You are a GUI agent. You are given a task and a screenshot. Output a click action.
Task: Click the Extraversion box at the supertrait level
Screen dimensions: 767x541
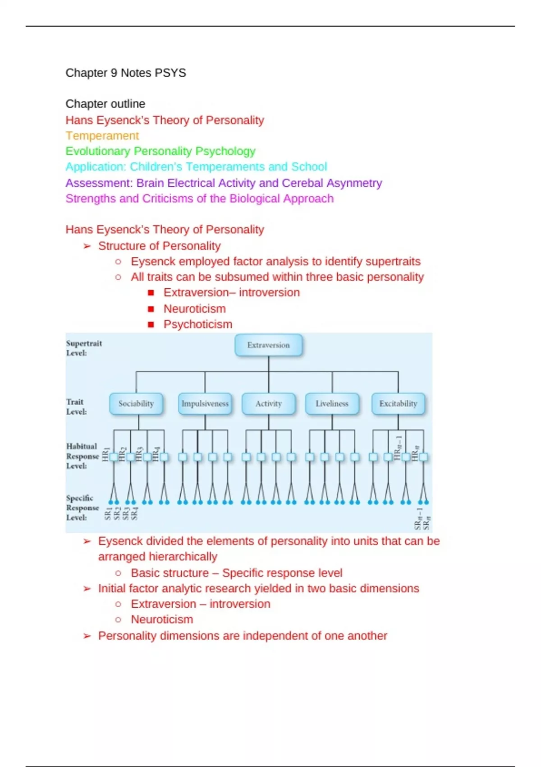pyautogui.click(x=268, y=345)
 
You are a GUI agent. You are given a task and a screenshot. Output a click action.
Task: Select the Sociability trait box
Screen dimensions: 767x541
pyautogui.click(x=136, y=403)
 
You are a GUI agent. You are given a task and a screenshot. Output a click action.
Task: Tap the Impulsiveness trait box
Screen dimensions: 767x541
pyautogui.click(x=205, y=403)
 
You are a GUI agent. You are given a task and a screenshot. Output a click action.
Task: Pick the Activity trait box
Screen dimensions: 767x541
pyautogui.click(x=268, y=403)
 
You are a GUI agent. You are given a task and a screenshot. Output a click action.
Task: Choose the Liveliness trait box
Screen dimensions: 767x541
pyautogui.click(x=332, y=403)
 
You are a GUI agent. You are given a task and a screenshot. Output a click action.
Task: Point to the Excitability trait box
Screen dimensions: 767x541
pyautogui.click(x=398, y=403)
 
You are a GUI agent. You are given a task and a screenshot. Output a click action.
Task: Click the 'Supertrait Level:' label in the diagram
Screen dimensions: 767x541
pyautogui.click(x=84, y=348)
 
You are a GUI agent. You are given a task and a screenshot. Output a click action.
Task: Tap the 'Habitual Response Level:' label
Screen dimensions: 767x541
pyautogui.click(x=82, y=456)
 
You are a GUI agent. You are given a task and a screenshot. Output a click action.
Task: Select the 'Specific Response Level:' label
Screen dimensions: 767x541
pyautogui.click(x=82, y=508)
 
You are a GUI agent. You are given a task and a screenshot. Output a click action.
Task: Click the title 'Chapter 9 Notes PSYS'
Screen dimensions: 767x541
pyautogui.click(x=126, y=73)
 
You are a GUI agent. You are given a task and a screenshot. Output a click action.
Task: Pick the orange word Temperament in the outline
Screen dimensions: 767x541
pyautogui.click(x=102, y=136)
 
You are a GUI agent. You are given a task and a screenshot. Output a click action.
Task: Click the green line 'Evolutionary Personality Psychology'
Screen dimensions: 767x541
pyautogui.click(x=160, y=151)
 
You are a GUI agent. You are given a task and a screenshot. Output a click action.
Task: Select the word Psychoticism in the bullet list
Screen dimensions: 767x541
pyautogui.click(x=198, y=324)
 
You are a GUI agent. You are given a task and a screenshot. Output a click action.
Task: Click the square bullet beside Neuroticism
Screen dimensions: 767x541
pyautogui.click(x=151, y=309)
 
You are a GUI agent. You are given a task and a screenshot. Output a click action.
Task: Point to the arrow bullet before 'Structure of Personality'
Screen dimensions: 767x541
pyautogui.click(x=87, y=246)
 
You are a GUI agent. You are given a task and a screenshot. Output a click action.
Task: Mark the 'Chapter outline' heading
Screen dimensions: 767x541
pyautogui.click(x=105, y=104)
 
